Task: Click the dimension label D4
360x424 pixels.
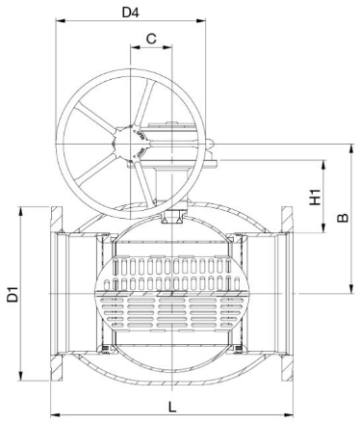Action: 131,13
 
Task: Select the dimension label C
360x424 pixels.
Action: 151,39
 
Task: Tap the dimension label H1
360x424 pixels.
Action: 315,197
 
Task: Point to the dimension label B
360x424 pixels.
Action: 343,218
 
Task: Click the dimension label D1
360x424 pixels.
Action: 13,294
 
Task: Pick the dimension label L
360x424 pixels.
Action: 172,408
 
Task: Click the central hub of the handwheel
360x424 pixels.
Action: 131,144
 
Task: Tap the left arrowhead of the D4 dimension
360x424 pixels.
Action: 61,21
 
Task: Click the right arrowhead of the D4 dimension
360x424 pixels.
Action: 201,21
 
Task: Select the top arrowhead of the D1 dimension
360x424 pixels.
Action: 21,212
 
